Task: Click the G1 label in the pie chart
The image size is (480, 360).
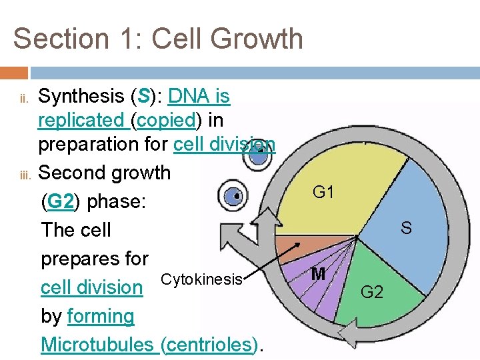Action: click(x=323, y=193)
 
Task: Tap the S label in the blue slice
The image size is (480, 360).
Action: click(x=405, y=229)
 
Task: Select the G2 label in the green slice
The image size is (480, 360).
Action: click(x=371, y=291)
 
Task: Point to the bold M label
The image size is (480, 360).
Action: click(x=318, y=274)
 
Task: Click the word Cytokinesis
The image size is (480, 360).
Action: click(x=202, y=279)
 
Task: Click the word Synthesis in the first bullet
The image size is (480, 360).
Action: click(x=81, y=97)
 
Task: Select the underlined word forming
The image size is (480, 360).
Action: click(x=101, y=316)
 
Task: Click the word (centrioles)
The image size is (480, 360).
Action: click(x=209, y=345)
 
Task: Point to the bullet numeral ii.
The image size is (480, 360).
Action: click(x=21, y=99)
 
